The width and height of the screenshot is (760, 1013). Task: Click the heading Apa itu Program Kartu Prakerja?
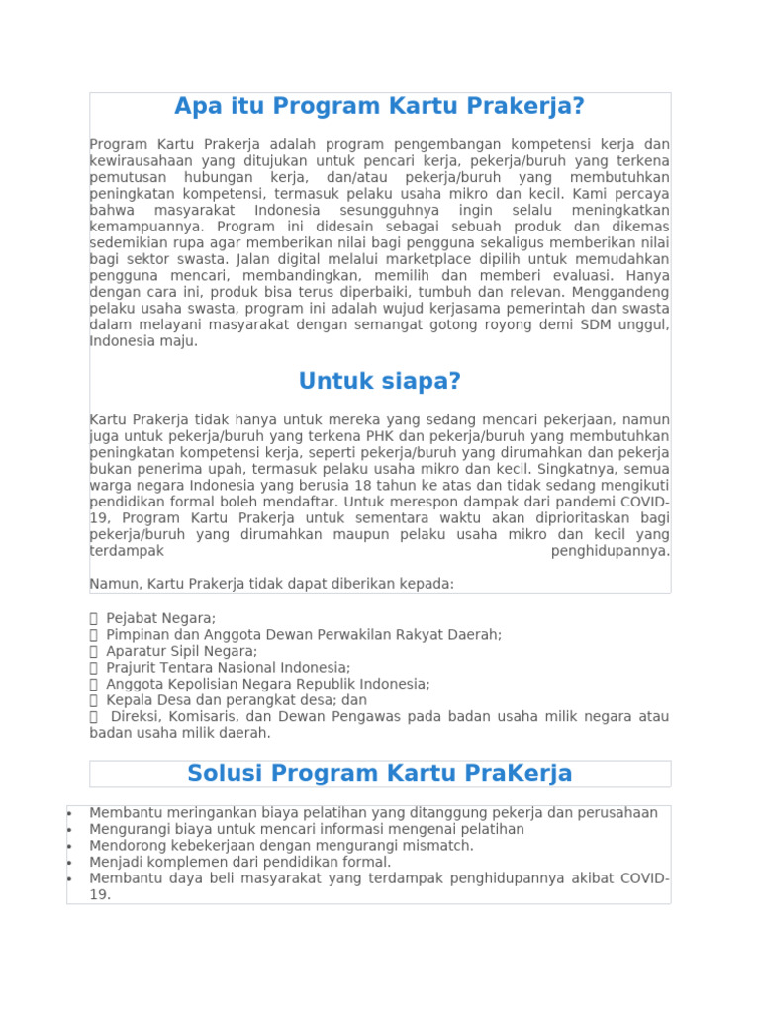380,106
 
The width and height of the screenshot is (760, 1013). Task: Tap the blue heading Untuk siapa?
380,381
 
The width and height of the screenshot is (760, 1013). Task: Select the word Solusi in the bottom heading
226,773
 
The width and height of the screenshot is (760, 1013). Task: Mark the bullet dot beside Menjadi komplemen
69,863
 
